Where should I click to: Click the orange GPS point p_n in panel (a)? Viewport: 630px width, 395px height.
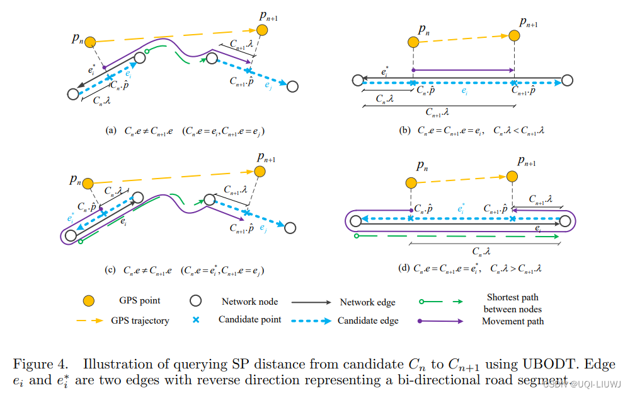point(90,42)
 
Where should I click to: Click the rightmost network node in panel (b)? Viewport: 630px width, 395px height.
point(567,80)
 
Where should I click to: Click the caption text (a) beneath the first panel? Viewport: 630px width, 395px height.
point(112,131)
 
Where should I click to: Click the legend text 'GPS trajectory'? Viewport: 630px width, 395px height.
point(140,321)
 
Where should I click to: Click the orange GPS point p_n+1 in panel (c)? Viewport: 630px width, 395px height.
point(259,171)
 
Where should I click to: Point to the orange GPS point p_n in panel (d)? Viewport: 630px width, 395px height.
point(411,182)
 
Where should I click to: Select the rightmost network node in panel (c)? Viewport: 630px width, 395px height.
point(292,228)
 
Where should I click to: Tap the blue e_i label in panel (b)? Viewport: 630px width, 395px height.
point(464,92)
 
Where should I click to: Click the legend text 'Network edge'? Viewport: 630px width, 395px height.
point(367,302)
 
